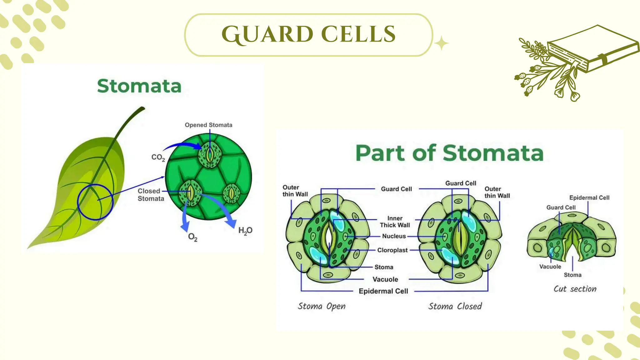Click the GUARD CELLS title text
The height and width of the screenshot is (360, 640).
[x=308, y=34]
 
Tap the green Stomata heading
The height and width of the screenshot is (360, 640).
[x=139, y=86]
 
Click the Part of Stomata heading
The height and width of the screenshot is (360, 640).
[x=449, y=153]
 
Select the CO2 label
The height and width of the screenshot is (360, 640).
[x=158, y=157]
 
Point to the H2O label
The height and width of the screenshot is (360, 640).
[x=245, y=231]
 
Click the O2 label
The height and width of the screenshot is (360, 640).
[x=192, y=237]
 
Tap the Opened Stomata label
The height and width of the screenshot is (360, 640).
[x=208, y=125]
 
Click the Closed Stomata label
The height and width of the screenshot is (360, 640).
[x=151, y=195]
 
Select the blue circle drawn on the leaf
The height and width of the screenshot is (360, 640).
[x=78, y=202]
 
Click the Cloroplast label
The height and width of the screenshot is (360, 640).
[x=392, y=250]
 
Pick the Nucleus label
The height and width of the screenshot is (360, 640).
[x=394, y=236]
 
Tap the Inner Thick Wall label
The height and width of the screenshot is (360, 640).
[x=395, y=222]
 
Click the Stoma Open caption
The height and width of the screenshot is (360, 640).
[x=321, y=306]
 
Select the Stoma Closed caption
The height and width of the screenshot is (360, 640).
[x=455, y=306]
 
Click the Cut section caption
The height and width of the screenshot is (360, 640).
[x=575, y=289]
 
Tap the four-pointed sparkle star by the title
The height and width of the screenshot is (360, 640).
[x=441, y=43]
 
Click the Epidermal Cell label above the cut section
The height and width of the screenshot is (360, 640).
[x=589, y=197]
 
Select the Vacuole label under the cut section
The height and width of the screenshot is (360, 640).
[x=550, y=267]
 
